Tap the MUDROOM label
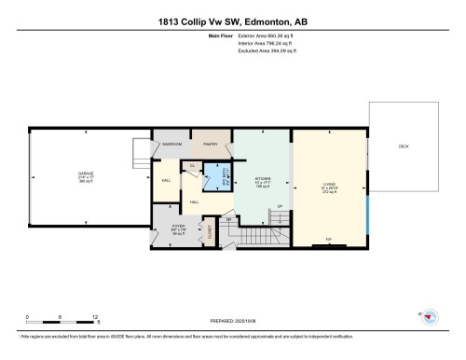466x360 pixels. (172, 145)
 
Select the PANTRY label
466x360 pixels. (211, 145)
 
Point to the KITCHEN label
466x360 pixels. (263, 180)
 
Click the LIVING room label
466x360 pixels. (329, 184)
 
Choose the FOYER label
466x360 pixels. (179, 227)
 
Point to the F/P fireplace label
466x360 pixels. (328, 240)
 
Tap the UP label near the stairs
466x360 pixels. (280, 206)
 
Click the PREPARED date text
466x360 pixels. (233, 324)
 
